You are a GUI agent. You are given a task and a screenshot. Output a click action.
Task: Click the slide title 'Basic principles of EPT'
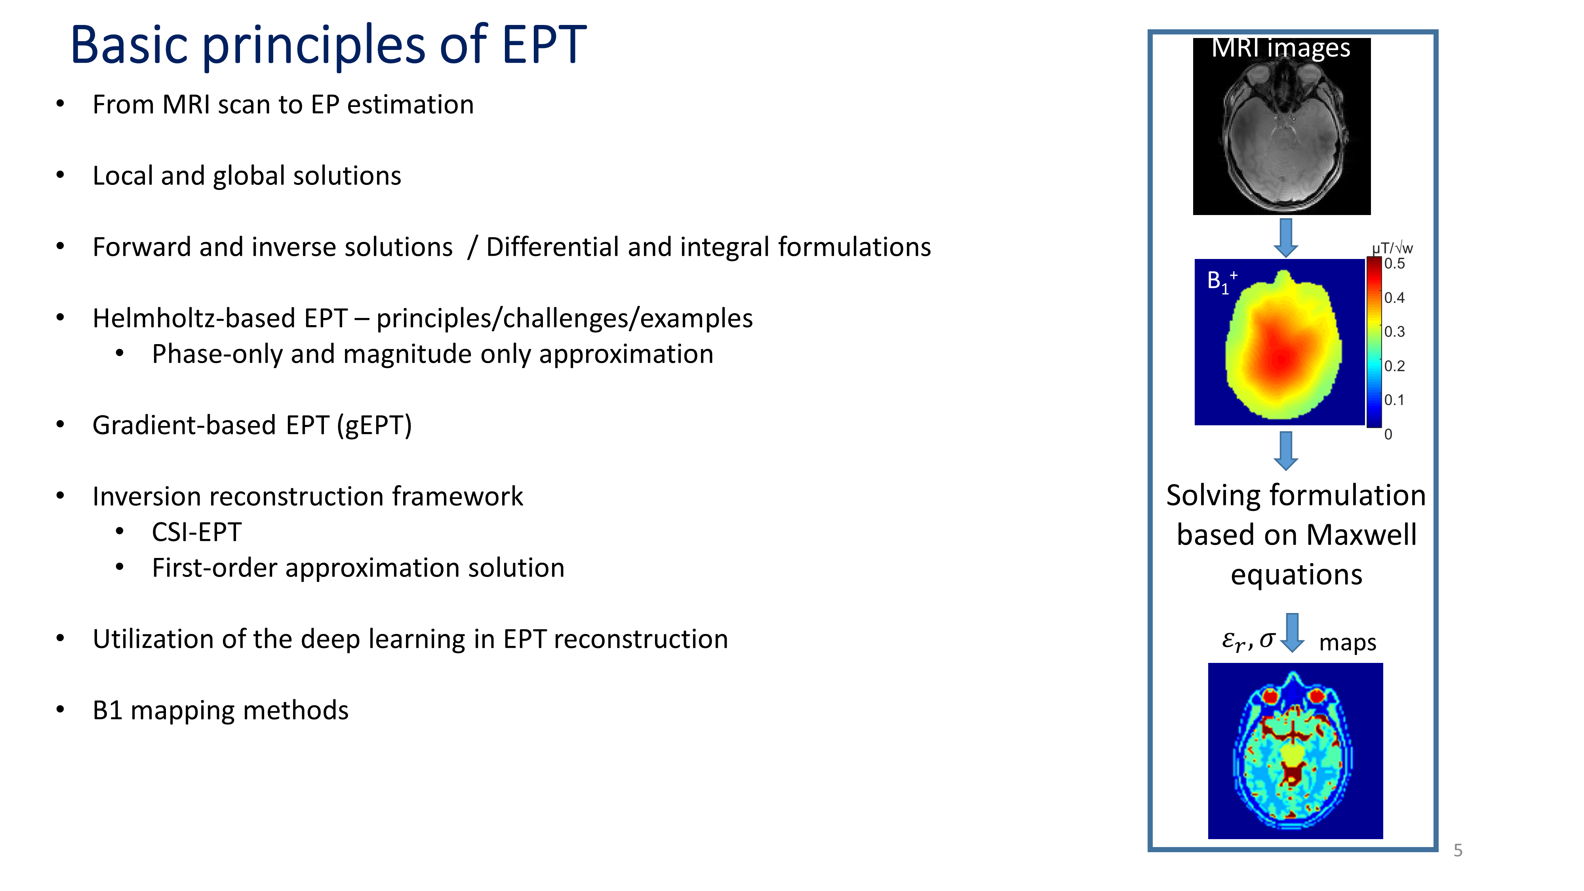[328, 46]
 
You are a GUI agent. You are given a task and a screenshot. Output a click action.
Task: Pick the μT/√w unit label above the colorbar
[1392, 248]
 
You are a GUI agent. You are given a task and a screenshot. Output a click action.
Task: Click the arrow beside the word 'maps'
[1293, 633]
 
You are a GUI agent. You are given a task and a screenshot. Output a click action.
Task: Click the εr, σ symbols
[1248, 641]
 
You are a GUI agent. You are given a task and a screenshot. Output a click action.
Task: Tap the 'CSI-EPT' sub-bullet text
[197, 533]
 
